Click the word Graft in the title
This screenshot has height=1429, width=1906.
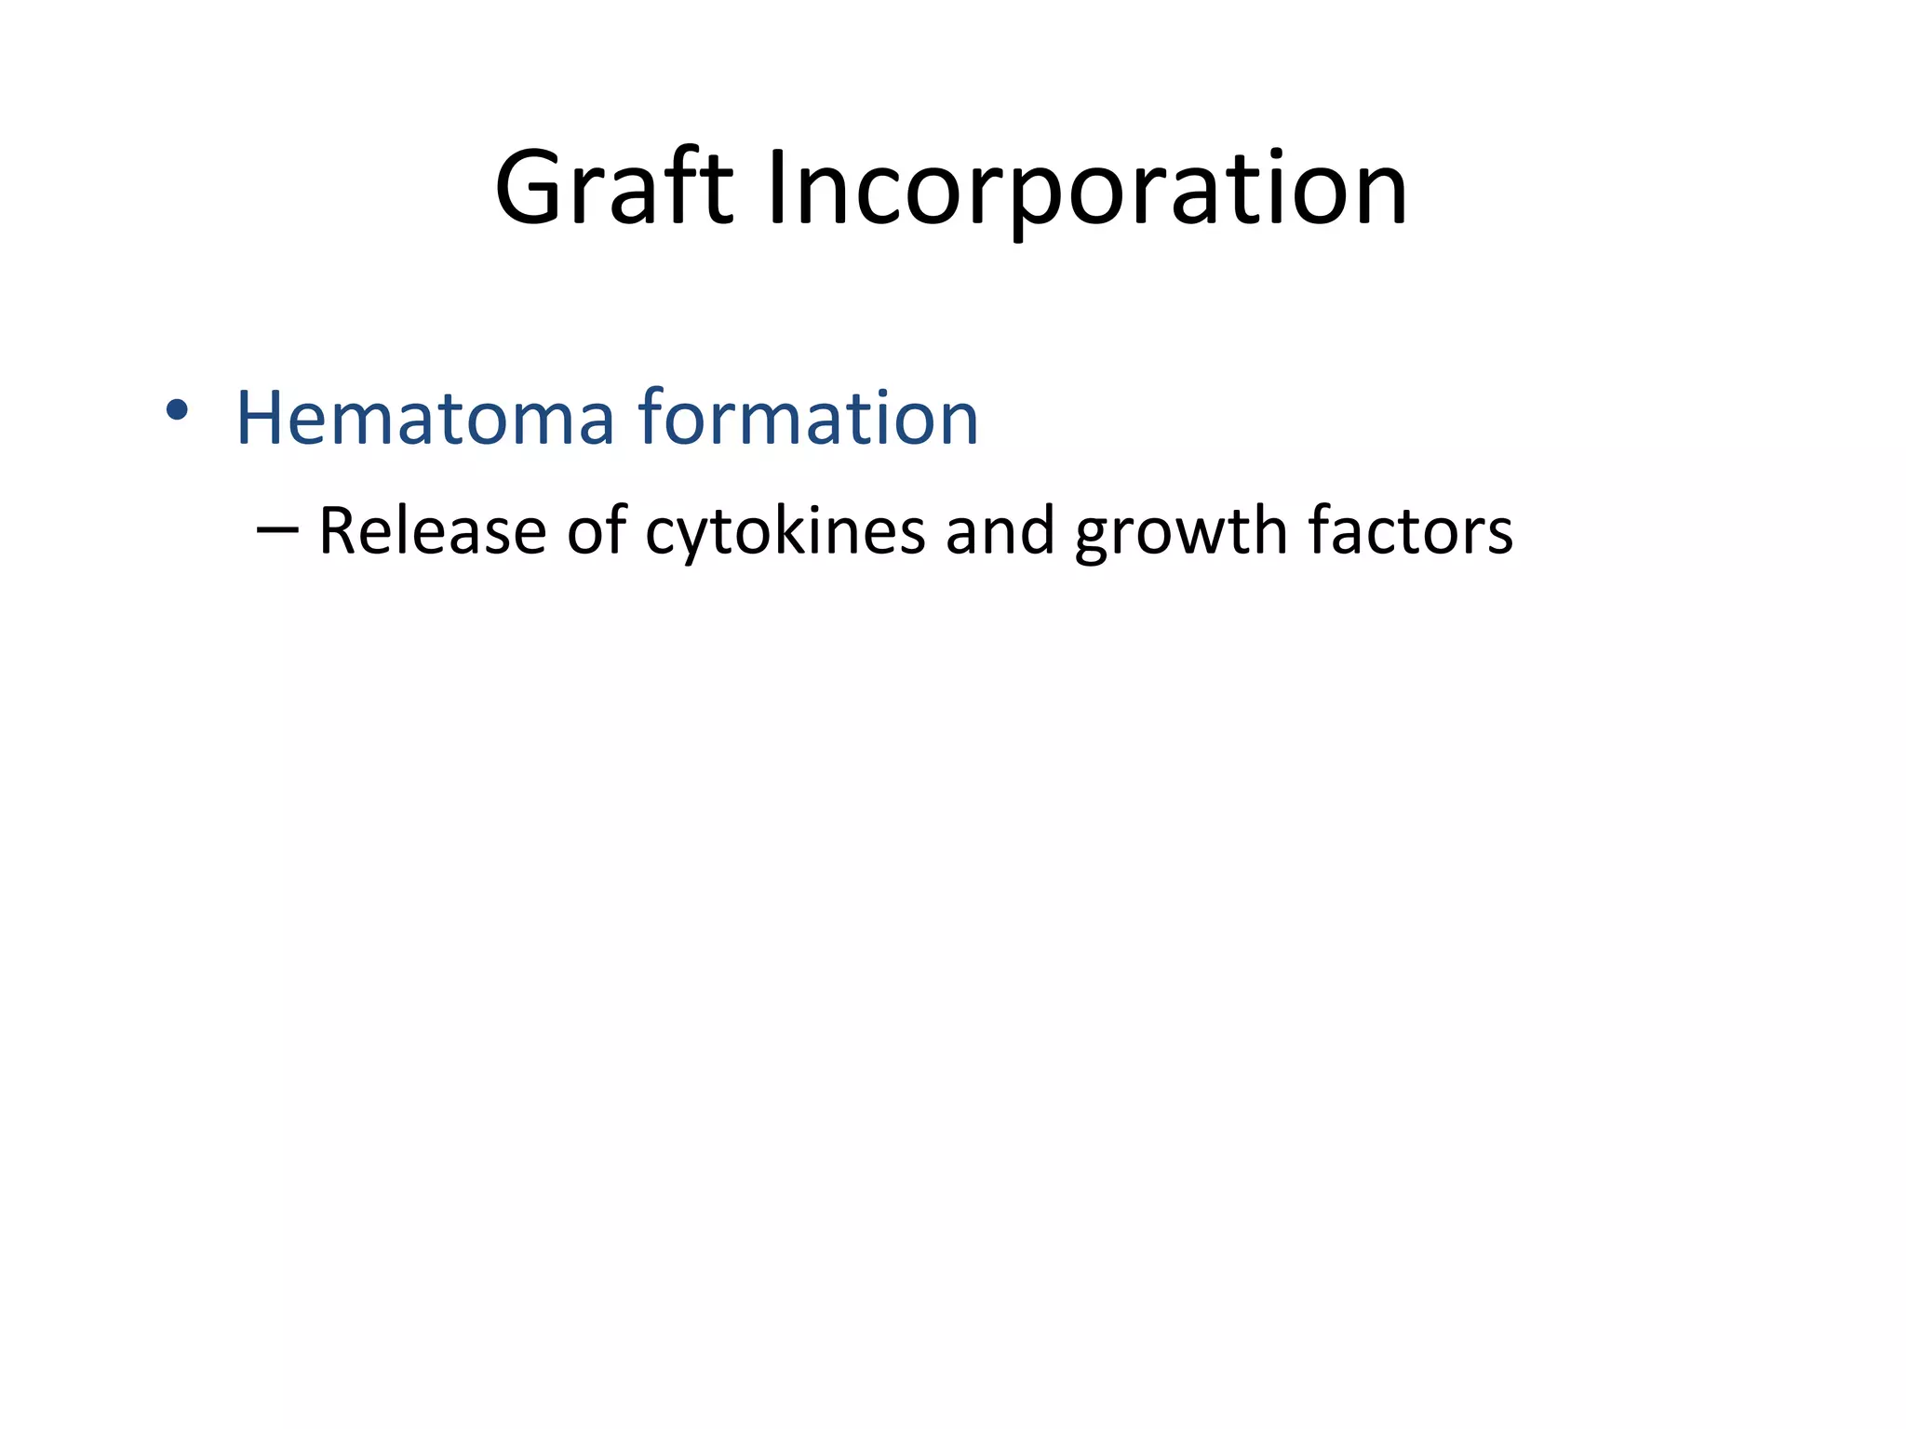[614, 189]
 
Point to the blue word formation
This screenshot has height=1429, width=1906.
[808, 418]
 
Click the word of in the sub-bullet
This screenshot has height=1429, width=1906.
[596, 530]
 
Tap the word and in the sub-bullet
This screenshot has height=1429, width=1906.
[1000, 530]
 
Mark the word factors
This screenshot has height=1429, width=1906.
[1410, 530]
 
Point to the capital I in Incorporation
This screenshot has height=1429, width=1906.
[778, 189]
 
